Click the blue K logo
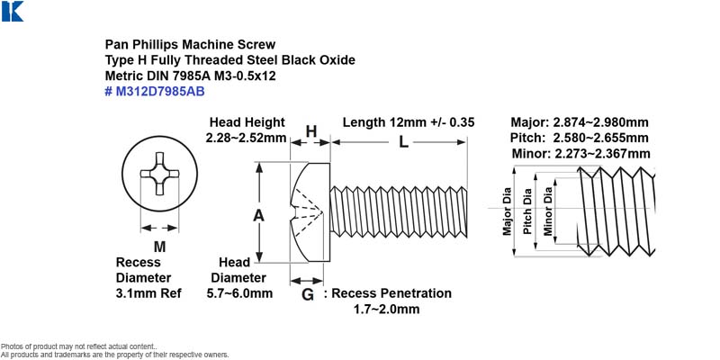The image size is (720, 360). pyautogui.click(x=12, y=11)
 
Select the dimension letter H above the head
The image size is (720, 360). pyautogui.click(x=310, y=131)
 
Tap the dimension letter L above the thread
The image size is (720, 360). pyautogui.click(x=403, y=142)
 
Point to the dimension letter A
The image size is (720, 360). pyautogui.click(x=259, y=215)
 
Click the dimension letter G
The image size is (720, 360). pyautogui.click(x=307, y=294)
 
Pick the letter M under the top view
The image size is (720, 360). pyautogui.click(x=159, y=247)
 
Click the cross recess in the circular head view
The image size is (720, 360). pyautogui.click(x=159, y=174)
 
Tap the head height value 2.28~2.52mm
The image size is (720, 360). pyautogui.click(x=246, y=138)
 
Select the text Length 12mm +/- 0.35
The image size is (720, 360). pyautogui.click(x=409, y=122)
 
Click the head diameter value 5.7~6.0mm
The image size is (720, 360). pyautogui.click(x=239, y=293)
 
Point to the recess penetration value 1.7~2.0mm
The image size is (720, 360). pyautogui.click(x=387, y=309)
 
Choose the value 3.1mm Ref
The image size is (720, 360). pyautogui.click(x=148, y=293)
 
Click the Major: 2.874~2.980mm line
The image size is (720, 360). pyautogui.click(x=580, y=122)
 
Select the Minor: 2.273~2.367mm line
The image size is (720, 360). pyautogui.click(x=580, y=153)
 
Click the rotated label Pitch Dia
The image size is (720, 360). pyautogui.click(x=528, y=211)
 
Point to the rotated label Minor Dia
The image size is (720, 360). pyautogui.click(x=548, y=211)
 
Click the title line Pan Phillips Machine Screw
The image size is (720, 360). pyautogui.click(x=191, y=44)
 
